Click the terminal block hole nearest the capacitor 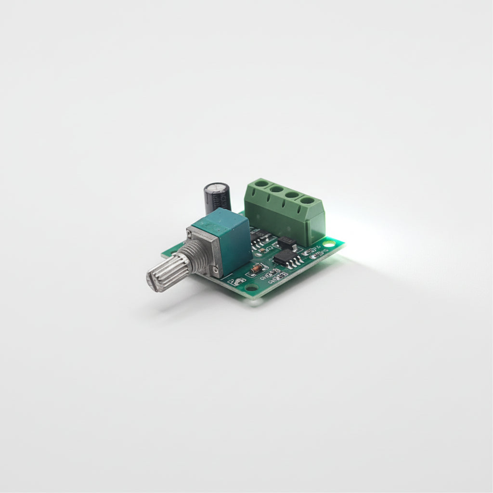(x=261, y=183)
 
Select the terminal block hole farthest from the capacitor (x=307, y=200)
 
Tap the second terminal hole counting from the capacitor (x=276, y=189)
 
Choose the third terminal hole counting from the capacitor (x=291, y=195)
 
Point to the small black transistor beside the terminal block (x=287, y=241)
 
